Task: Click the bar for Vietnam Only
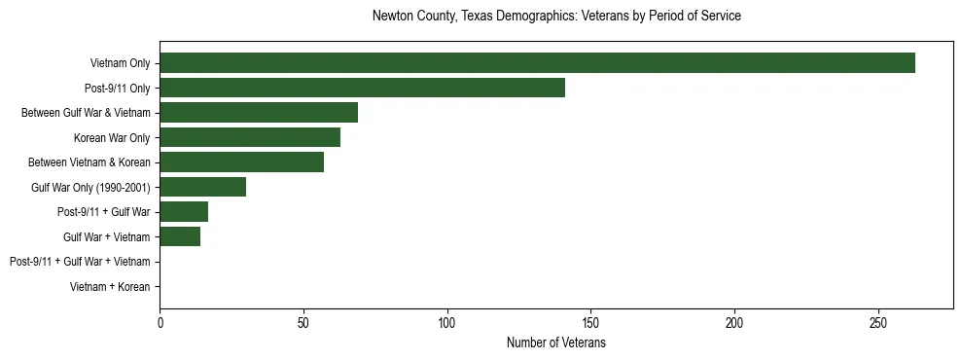point(537,63)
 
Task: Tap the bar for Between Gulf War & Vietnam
point(259,113)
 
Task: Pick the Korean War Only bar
point(250,138)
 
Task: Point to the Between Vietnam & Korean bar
point(241,162)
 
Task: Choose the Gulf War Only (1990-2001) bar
point(202,187)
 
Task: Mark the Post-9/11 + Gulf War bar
point(184,212)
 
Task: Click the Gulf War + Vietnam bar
point(180,236)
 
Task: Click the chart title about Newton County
point(556,17)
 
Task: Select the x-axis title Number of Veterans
point(556,343)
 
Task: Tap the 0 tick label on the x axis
point(160,322)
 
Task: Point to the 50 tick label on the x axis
point(303,322)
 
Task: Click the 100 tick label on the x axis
point(447,322)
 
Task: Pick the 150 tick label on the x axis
point(590,322)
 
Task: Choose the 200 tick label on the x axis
point(734,322)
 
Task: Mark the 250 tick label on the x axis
point(878,322)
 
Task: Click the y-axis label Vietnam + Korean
point(110,287)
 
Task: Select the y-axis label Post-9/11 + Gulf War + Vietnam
point(80,262)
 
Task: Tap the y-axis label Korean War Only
point(112,138)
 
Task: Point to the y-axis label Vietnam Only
point(120,64)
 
